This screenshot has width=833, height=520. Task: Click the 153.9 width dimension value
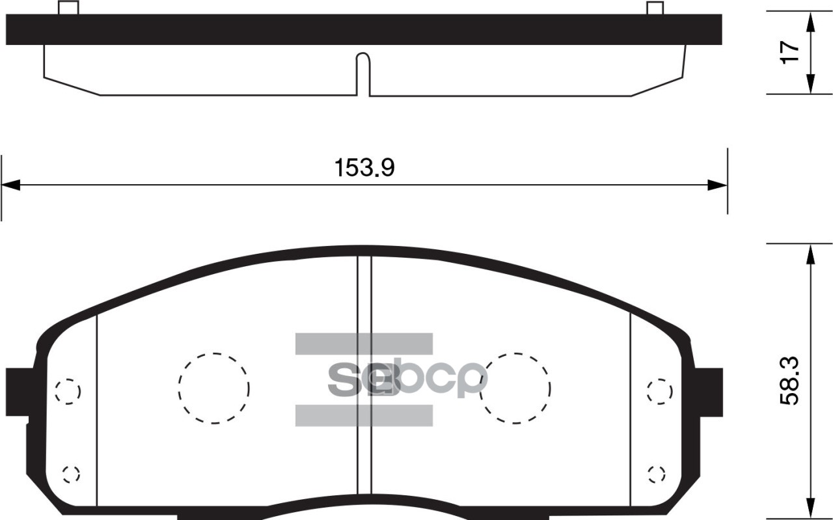click(x=364, y=169)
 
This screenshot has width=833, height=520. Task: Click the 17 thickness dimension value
click(x=789, y=52)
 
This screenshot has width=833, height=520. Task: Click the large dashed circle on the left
click(x=213, y=389)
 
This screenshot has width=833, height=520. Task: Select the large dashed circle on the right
click(x=515, y=389)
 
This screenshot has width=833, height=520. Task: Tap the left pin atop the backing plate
click(x=68, y=8)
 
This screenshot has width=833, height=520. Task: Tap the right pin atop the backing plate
click(x=655, y=8)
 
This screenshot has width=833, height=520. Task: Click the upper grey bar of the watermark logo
click(x=364, y=344)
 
